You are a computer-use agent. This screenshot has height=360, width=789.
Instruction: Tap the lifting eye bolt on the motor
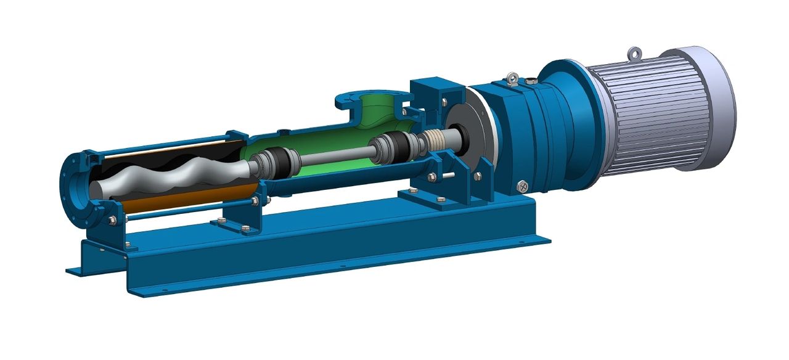point(634,54)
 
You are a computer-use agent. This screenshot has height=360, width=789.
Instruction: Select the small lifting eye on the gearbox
point(512,78)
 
